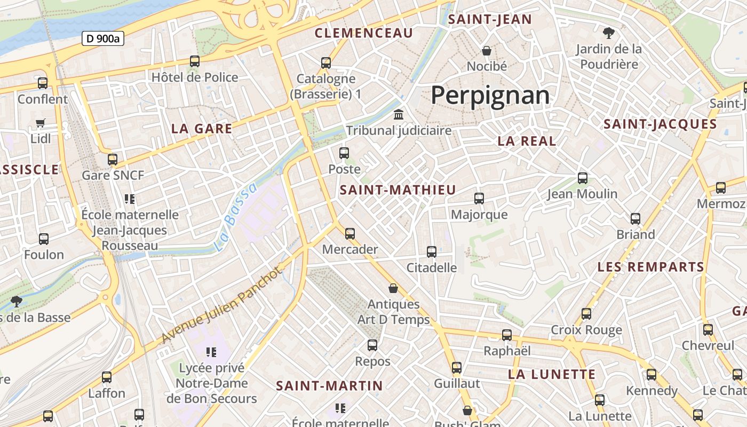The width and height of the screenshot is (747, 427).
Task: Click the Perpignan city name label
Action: (x=490, y=96)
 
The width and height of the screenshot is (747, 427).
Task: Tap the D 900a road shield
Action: (x=103, y=38)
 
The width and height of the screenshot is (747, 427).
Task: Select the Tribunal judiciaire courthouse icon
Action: (x=399, y=114)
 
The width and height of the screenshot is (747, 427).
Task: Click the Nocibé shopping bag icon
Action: (x=487, y=51)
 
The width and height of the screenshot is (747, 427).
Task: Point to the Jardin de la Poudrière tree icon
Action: (x=608, y=33)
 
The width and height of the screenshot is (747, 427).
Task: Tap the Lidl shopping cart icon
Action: (x=41, y=123)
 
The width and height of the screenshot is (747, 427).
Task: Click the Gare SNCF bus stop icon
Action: (x=113, y=159)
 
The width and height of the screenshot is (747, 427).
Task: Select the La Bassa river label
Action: (x=235, y=217)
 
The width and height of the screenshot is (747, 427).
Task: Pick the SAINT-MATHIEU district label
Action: (x=398, y=190)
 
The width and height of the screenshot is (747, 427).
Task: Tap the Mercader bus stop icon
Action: (x=350, y=233)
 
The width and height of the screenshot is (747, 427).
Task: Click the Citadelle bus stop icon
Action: (x=432, y=251)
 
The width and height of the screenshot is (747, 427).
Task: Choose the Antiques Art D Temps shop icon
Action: (x=393, y=288)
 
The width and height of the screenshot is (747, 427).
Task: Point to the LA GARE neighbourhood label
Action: (x=202, y=129)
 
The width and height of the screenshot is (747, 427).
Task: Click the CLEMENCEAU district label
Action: (x=364, y=33)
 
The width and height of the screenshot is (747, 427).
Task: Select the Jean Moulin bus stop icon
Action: (x=583, y=178)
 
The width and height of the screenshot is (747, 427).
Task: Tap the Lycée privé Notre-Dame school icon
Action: (x=211, y=352)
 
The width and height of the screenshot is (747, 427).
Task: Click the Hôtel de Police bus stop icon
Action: (x=195, y=61)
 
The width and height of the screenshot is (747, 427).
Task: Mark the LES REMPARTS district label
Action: (x=650, y=267)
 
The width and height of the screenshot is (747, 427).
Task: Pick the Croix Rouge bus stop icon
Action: (x=586, y=314)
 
